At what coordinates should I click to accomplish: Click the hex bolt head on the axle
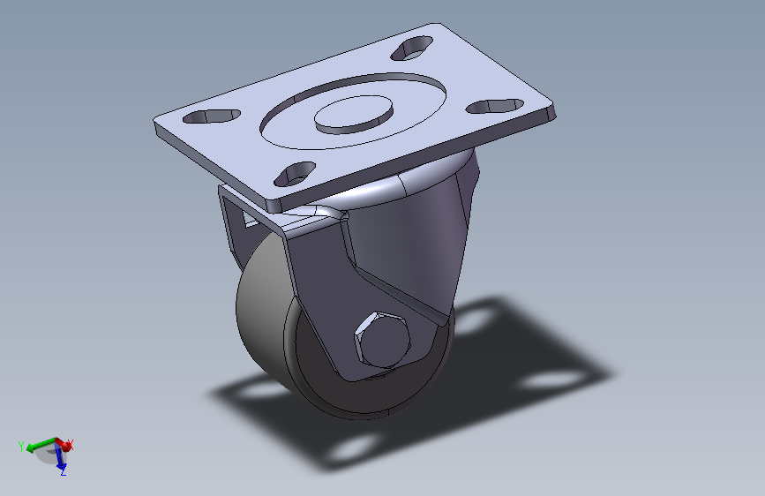click(383, 340)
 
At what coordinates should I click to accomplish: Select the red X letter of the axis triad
click(71, 445)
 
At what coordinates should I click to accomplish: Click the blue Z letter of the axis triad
click(64, 473)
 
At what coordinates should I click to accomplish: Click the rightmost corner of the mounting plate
click(556, 110)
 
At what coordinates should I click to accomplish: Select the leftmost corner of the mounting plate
click(154, 124)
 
